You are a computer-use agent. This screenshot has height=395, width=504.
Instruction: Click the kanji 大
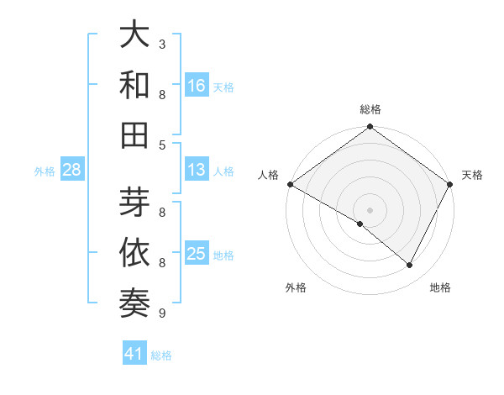[135, 35]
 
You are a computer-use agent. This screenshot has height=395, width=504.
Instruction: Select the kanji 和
[135, 86]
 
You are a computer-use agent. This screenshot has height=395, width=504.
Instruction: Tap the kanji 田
[135, 135]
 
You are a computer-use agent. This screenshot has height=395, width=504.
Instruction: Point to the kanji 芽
[135, 203]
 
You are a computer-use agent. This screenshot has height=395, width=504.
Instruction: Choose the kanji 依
[135, 254]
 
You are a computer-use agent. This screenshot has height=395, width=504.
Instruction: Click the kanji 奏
[135, 304]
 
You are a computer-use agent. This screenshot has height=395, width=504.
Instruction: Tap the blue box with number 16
[197, 85]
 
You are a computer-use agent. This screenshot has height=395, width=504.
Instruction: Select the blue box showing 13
[197, 170]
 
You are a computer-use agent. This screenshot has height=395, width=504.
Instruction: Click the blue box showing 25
[197, 254]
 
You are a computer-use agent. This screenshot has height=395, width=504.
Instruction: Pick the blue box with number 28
[71, 171]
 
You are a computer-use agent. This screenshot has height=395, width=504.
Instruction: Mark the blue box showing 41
[134, 355]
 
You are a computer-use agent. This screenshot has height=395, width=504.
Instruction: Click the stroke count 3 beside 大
[162, 44]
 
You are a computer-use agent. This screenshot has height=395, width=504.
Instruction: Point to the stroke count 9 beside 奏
[162, 313]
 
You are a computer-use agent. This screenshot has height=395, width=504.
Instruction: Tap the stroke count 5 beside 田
[162, 145]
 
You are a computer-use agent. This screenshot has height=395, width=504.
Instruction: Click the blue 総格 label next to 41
[161, 355]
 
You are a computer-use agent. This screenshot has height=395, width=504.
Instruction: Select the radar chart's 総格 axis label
[370, 109]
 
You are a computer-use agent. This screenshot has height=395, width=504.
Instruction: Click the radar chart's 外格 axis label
[296, 288]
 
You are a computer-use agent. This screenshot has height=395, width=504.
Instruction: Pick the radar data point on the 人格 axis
[290, 184]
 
